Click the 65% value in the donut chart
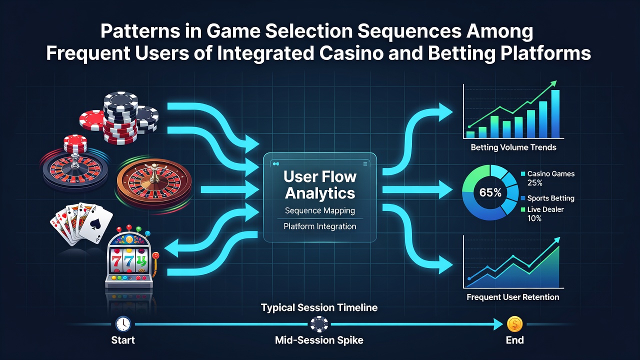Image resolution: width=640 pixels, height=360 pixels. click(x=490, y=192)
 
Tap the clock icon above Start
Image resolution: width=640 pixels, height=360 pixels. click(x=123, y=324)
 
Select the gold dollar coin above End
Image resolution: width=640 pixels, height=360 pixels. click(x=514, y=324)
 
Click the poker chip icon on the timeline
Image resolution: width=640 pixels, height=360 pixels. click(x=319, y=324)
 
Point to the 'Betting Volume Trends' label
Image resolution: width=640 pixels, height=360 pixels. click(x=513, y=147)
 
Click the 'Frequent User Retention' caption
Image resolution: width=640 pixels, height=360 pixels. click(x=513, y=297)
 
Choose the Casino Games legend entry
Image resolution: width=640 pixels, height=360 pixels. click(x=547, y=178)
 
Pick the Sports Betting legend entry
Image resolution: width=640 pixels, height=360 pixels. click(x=547, y=198)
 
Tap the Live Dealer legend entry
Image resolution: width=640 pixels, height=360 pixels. click(x=542, y=213)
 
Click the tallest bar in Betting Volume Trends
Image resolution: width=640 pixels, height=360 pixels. click(x=555, y=114)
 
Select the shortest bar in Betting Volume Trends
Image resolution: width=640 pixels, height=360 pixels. click(x=470, y=135)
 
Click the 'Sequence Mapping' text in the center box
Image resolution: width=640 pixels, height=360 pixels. click(x=320, y=211)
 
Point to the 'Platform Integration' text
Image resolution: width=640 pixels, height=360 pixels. click(x=320, y=226)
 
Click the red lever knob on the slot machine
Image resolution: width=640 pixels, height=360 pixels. click(x=155, y=255)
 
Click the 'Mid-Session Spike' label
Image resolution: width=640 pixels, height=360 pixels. click(x=319, y=340)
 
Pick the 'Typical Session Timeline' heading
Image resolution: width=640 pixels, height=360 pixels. click(x=319, y=307)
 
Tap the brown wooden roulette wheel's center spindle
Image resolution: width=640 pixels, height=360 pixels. click(x=154, y=173)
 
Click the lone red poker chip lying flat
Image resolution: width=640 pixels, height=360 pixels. click(x=92, y=120)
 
